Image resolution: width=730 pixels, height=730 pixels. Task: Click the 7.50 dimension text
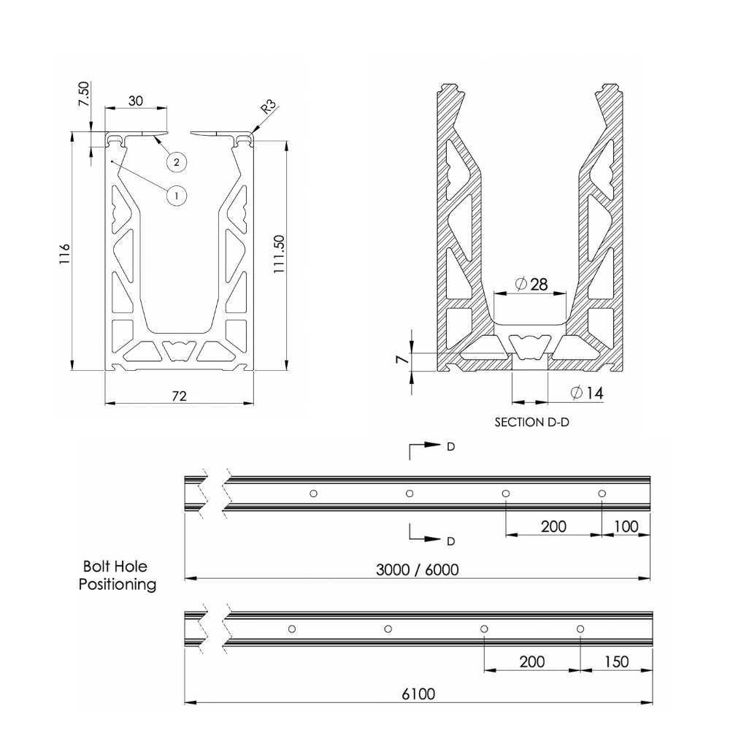[84, 94]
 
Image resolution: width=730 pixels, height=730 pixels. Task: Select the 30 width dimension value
[136, 101]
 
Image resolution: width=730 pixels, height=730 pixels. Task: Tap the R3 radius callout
[269, 108]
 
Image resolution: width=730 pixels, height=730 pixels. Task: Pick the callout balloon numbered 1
[175, 195]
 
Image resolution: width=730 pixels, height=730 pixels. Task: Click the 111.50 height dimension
[279, 253]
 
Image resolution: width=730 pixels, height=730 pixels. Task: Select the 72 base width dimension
[179, 396]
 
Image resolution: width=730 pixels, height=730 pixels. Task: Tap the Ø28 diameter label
[531, 285]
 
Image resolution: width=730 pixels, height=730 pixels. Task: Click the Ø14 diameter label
[586, 393]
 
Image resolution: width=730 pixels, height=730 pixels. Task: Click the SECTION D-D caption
[531, 423]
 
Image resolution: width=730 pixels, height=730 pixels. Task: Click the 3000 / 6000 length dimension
[418, 569]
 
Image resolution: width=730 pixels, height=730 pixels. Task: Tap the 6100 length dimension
[418, 694]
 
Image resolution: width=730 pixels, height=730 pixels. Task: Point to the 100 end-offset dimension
[626, 526]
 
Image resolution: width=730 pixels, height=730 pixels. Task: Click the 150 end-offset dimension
[615, 661]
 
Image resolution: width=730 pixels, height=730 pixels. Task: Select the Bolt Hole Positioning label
[118, 575]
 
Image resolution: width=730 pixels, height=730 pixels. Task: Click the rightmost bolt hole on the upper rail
[602, 493]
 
